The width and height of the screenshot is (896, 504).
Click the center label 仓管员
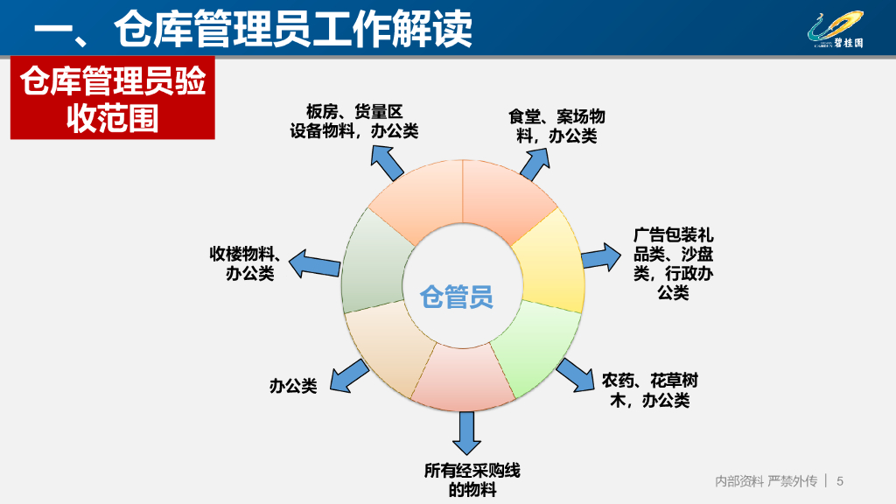(456, 297)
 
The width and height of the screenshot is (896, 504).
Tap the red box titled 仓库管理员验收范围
(113, 98)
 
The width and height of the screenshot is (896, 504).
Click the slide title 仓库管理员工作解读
(252, 29)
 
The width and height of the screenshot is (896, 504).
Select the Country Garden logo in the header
(836, 30)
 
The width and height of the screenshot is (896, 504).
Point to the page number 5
(839, 481)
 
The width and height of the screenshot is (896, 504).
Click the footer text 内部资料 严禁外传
(766, 481)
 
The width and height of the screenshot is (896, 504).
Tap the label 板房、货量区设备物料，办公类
(353, 121)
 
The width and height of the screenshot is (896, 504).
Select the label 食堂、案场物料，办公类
(556, 126)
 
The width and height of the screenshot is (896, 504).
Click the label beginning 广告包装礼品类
(673, 263)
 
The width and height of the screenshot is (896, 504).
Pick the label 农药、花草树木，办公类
(650, 390)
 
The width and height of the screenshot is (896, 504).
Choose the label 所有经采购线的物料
(472, 480)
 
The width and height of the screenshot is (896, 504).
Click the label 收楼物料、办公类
(245, 262)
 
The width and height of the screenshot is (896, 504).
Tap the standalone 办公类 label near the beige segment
(293, 386)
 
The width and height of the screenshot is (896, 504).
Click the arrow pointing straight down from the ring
(466, 433)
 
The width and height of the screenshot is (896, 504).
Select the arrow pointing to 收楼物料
(314, 264)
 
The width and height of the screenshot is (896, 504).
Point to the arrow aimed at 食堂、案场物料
(535, 164)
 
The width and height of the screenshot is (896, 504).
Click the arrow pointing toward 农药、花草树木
(576, 375)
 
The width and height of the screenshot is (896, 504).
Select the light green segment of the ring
(535, 346)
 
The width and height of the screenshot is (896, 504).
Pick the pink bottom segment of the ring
(463, 377)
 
